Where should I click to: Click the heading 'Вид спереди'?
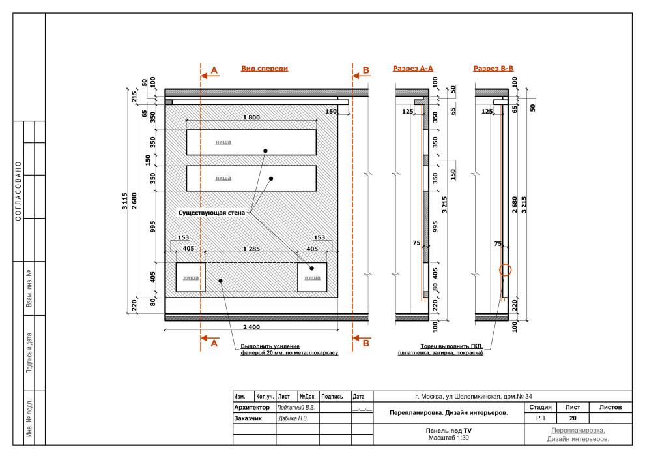tap(264, 69)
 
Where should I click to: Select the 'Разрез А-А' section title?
tap(413, 69)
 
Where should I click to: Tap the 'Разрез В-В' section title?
tap(493, 69)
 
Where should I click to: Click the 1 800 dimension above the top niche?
tap(251, 117)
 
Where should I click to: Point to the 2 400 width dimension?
tap(251, 326)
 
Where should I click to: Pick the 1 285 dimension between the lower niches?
tap(251, 249)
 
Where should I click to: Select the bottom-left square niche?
tap(191, 277)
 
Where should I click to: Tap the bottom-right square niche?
tap(312, 277)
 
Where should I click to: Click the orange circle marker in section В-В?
tap(506, 269)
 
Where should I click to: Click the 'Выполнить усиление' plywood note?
tap(289, 350)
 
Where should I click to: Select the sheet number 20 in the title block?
tap(573, 418)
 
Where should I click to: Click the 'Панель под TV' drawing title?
tap(448, 431)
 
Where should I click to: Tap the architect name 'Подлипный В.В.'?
tap(297, 407)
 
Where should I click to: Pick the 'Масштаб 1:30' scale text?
tap(448, 438)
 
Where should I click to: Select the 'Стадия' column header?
tap(541, 407)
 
